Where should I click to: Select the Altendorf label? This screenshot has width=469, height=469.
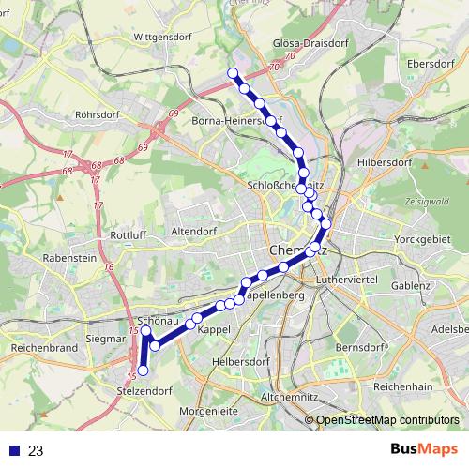coord(194,230)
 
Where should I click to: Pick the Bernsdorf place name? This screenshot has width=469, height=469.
coord(359,347)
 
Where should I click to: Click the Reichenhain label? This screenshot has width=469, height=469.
coord(402,386)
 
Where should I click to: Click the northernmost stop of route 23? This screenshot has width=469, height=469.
coord(233,73)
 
